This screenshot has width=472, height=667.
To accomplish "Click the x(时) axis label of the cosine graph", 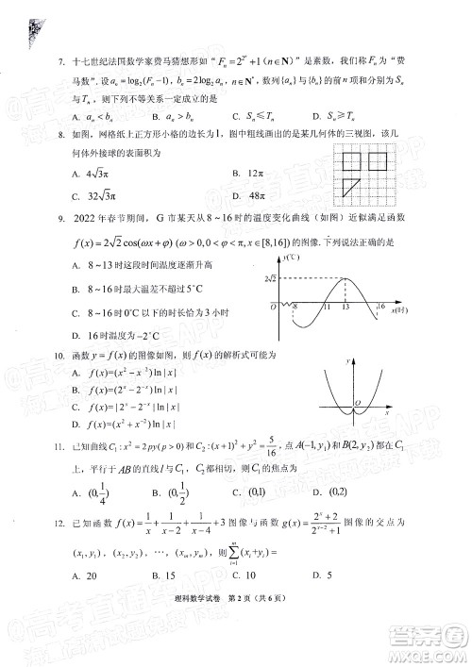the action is point(402,309).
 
